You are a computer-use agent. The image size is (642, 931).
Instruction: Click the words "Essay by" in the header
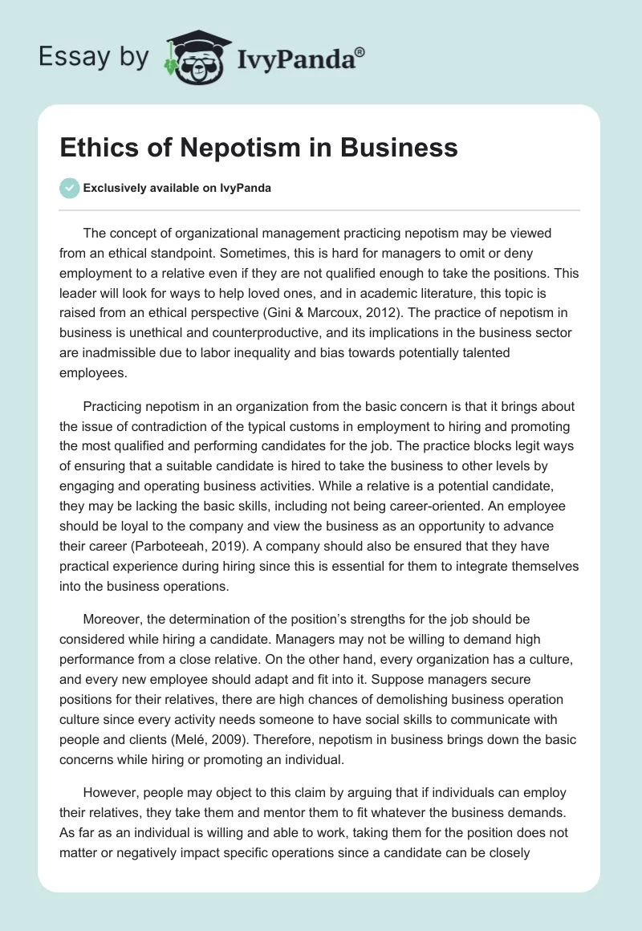[x=93, y=57]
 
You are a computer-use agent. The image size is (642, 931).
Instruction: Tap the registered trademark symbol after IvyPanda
[x=360, y=51]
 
